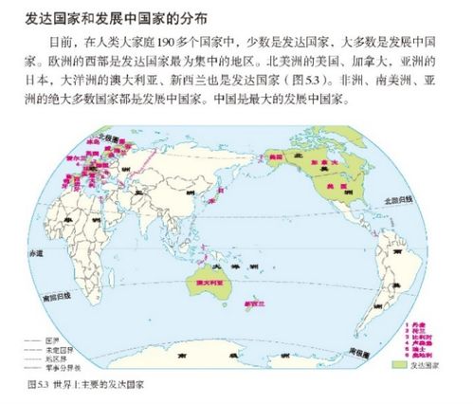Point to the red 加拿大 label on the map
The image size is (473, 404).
[359, 163]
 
